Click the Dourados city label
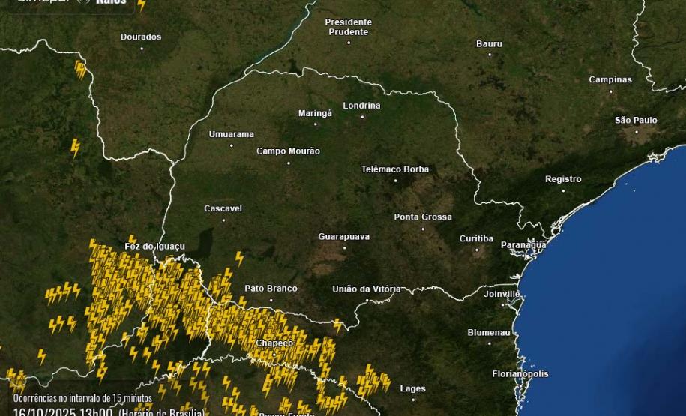pos(141,37)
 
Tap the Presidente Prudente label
pos(348,27)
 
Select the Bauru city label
pos(489,44)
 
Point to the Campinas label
pos(610,79)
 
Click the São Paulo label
pos(636,120)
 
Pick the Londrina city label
pos(361,106)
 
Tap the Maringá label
pos(315,113)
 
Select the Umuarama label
pos(231,134)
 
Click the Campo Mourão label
pos(288,151)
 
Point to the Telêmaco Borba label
pos(395,169)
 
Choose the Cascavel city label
pos(223,208)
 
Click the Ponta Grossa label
pos(423,217)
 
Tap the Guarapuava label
pos(343,237)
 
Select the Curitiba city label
pos(476,238)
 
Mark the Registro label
pos(563,179)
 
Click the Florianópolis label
pos(520,373)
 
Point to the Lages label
pos(412,388)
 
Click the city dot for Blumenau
pos(490,343)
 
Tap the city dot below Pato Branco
pos(271,300)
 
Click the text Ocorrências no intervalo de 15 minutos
pos(82,398)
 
